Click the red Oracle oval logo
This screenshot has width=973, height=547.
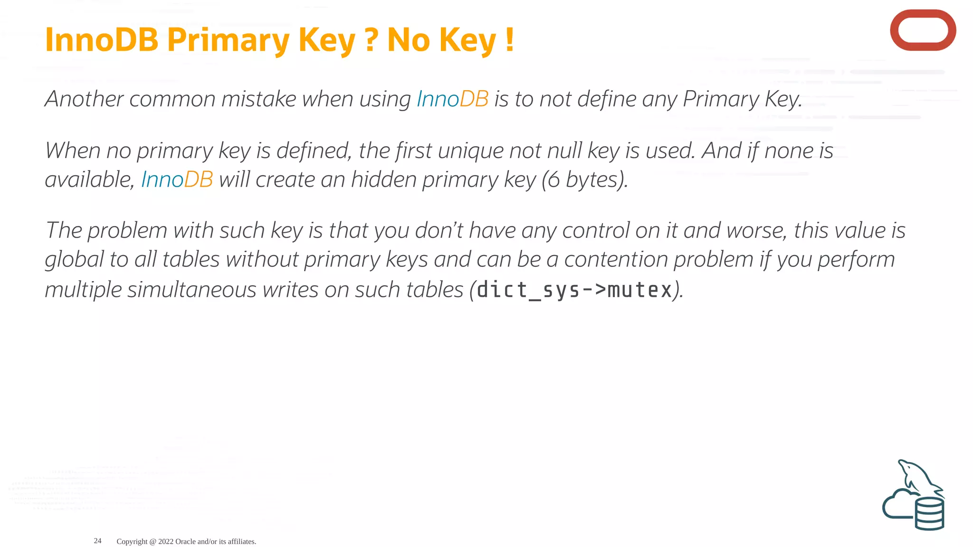pyautogui.click(x=923, y=30)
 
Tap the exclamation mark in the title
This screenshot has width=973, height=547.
pyautogui.click(x=510, y=40)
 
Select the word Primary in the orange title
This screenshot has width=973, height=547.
pyautogui.click(x=228, y=41)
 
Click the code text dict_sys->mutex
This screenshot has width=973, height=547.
pyautogui.click(x=574, y=290)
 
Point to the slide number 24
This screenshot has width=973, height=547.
pyautogui.click(x=97, y=541)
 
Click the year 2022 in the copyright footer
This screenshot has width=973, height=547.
pyautogui.click(x=166, y=541)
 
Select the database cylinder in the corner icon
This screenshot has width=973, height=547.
pyautogui.click(x=929, y=514)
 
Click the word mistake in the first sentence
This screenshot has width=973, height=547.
pyautogui.click(x=259, y=99)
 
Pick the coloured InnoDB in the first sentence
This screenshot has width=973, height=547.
pyautogui.click(x=452, y=99)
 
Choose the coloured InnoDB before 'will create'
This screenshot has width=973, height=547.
pyautogui.click(x=177, y=179)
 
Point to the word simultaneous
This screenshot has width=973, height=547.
pyautogui.click(x=192, y=290)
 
